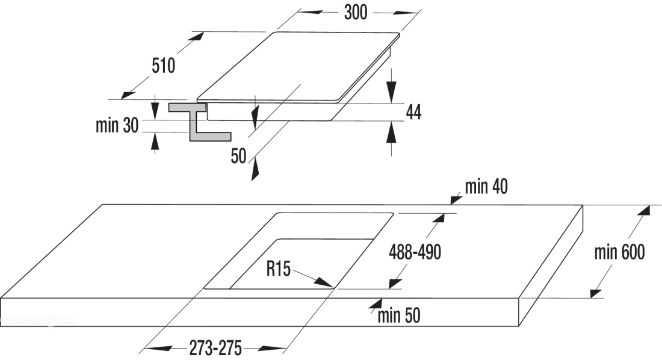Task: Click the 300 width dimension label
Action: pos(355,13)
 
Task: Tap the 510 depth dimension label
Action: pos(163,66)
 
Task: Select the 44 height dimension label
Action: pos(413,111)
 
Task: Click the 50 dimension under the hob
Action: pos(239,157)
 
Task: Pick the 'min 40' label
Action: pos(486,187)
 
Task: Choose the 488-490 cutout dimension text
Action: pos(415,252)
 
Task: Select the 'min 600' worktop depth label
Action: pos(619,252)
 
